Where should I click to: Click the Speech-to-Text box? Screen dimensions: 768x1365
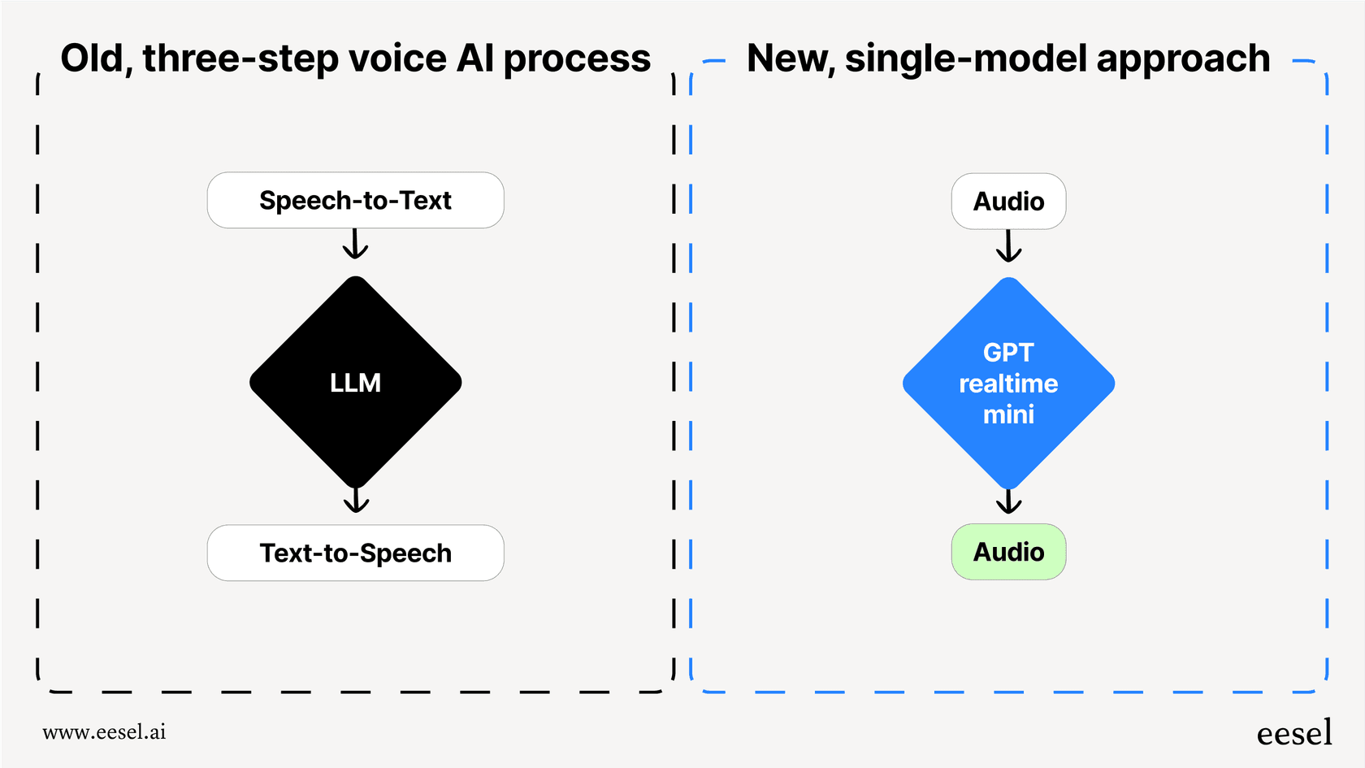coord(355,200)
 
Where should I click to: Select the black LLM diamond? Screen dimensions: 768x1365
coord(355,383)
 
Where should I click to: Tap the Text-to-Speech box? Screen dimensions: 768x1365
coord(355,553)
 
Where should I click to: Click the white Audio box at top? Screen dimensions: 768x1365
coord(1008,201)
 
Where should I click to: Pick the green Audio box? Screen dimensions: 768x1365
coord(1008,552)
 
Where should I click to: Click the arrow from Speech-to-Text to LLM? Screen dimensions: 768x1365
coord(355,244)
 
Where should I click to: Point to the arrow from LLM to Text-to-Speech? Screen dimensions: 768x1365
coord(356,499)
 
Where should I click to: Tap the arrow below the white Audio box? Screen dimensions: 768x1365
coord(1008,245)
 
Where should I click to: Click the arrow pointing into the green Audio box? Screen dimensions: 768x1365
coord(1008,501)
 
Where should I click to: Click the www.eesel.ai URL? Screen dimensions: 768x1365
coord(104,732)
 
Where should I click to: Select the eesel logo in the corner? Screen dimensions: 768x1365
coord(1294,733)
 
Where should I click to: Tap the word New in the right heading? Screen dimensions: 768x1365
coord(790,59)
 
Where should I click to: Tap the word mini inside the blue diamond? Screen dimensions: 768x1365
coord(1008,414)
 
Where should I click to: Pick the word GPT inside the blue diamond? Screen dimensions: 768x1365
coord(1008,352)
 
